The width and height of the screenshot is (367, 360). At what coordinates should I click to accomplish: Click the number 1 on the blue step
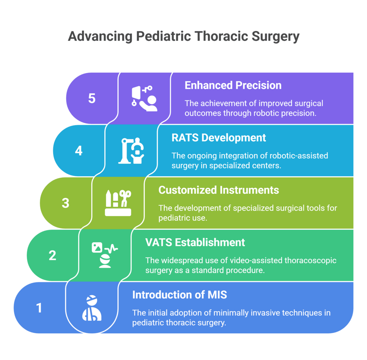pos(39,308)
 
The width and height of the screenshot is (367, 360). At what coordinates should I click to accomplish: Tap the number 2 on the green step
pos(52,255)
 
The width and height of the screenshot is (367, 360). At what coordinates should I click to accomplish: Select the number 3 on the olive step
pos(66,203)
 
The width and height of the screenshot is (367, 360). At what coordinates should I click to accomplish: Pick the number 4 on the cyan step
pos(79,151)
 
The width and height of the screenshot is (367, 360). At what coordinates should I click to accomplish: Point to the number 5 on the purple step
pos(92,99)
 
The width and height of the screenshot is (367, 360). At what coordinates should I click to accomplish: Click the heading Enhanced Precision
pos(233,85)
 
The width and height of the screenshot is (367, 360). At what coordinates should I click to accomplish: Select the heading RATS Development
pos(219,138)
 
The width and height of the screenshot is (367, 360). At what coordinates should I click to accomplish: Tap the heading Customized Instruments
pos(218,190)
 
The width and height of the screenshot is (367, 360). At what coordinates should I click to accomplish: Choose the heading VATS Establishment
pos(195,242)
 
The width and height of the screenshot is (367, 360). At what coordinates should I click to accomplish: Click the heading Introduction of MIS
pos(179,295)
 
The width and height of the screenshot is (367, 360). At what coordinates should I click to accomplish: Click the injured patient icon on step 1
pos(92,308)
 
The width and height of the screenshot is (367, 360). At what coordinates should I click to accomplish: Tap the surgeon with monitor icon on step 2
pos(104,255)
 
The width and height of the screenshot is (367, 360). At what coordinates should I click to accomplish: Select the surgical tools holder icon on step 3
pos(118,203)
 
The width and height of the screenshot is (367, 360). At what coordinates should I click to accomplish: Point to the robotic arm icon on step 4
pos(131,151)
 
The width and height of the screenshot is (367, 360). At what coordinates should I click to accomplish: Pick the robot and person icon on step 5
pos(144,99)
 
